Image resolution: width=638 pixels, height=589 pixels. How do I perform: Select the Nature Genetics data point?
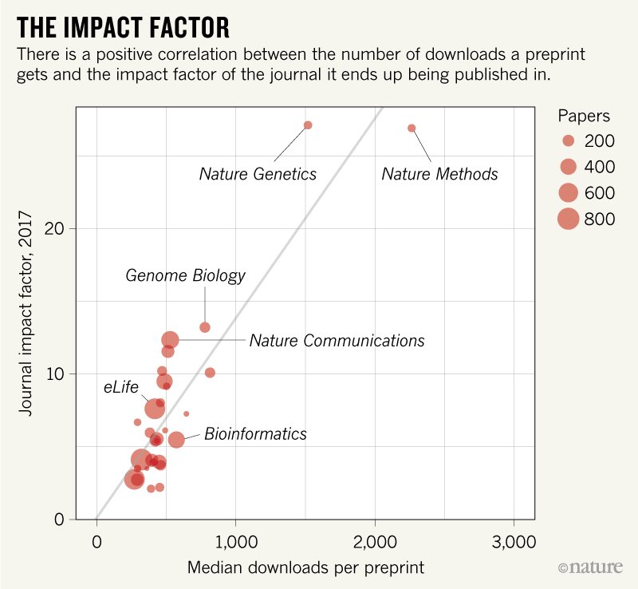coord(308,125)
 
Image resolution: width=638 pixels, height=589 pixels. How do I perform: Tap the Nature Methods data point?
coord(412,128)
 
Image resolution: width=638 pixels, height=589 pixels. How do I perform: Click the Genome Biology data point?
coord(205,327)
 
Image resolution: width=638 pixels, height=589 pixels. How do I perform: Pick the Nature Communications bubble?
coord(171,340)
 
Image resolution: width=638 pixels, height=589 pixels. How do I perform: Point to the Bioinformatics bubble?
coord(176,440)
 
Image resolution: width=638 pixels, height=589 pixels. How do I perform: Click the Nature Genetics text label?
coord(258,174)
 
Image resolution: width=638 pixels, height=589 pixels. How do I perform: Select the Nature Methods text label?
coord(439,174)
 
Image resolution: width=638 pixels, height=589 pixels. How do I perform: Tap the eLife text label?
coord(121,387)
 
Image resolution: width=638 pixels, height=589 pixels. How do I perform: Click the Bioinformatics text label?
coord(255,434)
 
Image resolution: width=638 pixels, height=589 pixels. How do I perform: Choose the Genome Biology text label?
coord(185,276)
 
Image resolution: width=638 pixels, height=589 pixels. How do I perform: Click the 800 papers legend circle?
coord(568,219)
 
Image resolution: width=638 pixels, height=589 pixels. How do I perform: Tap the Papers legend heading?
coord(584,116)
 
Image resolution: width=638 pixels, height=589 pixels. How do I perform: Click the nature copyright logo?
coord(595,567)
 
